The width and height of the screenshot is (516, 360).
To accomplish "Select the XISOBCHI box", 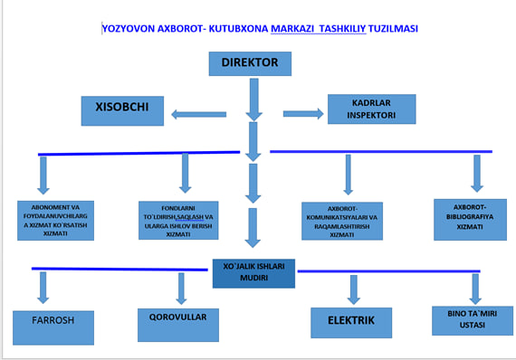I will pos(123,110).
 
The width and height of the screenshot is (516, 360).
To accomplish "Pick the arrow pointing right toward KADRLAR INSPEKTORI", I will pos(302,113).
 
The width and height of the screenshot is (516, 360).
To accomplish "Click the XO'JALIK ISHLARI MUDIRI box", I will pos(253,272).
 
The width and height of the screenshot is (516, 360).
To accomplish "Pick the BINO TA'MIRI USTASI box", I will pos(467,319).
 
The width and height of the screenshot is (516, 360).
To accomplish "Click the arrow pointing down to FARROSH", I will pos(42,287).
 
